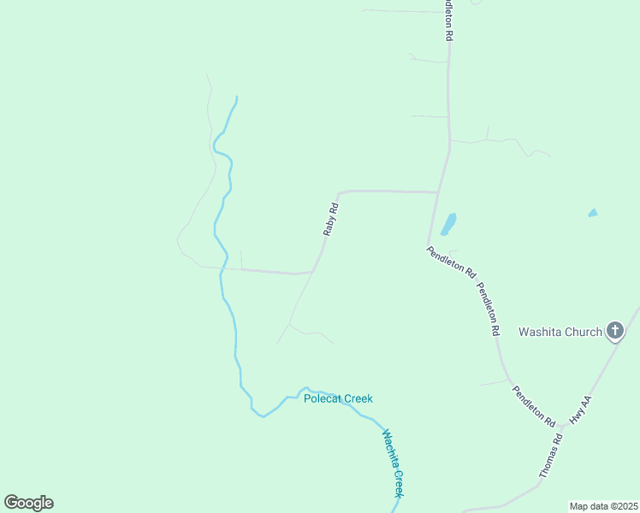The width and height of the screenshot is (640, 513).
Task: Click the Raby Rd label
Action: pos(331,219)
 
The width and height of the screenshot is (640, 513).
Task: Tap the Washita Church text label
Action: pos(560,332)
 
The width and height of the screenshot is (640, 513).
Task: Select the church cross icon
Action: pos(614,330)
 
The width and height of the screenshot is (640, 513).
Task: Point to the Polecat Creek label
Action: pos(338,398)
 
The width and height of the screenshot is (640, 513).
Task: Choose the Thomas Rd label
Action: pos(550,456)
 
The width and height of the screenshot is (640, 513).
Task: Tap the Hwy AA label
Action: pos(581,411)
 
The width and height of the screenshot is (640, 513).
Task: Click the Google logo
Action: pos(28,502)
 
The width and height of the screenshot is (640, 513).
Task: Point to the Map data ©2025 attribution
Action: pos(602,506)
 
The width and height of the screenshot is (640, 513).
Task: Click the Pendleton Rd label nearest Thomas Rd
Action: pos(534,406)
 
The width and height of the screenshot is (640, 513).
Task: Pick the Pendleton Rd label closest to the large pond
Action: pos(452,261)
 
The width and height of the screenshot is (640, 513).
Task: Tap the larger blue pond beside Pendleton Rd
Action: pos(447,224)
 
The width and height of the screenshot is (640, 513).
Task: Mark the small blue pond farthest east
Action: pos(592,212)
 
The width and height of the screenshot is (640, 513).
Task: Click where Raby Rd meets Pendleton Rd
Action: pos(438,192)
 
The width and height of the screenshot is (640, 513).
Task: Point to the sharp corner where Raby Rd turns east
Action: pos(340,192)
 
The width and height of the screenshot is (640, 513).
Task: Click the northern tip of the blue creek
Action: pos(236,97)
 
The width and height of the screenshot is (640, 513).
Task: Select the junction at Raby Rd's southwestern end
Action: pos(312,272)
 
